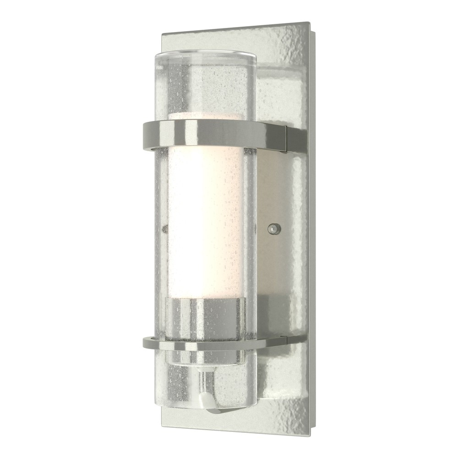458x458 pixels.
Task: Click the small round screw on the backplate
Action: click(274, 228)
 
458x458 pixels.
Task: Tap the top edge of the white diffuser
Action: click(206, 114)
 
